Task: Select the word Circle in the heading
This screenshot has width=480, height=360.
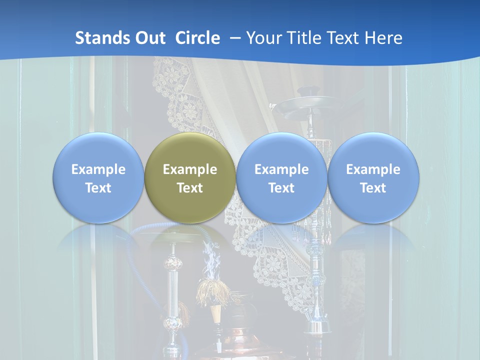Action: (x=197, y=38)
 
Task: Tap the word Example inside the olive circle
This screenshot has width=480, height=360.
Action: (x=190, y=169)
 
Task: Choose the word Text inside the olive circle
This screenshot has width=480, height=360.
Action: (x=190, y=188)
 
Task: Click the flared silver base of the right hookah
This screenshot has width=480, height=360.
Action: (x=317, y=327)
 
